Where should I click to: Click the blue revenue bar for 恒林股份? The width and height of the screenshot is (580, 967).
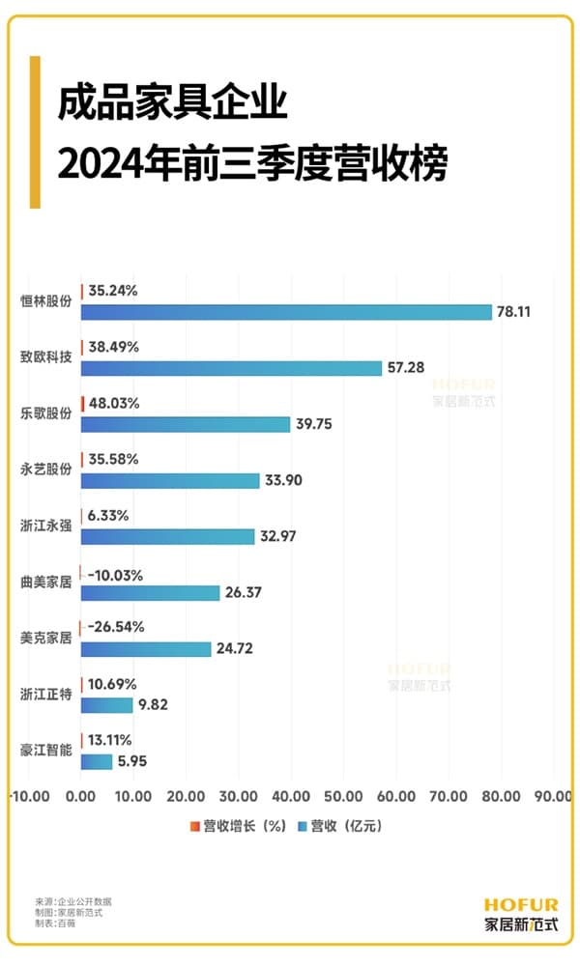(x=286, y=312)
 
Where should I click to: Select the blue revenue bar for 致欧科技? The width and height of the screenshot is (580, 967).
(x=231, y=368)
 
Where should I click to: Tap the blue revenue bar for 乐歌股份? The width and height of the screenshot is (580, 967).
(x=186, y=424)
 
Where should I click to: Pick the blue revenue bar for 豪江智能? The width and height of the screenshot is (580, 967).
(x=97, y=761)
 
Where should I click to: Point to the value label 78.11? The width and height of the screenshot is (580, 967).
(x=514, y=312)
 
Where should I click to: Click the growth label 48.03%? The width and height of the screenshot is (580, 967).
(x=114, y=403)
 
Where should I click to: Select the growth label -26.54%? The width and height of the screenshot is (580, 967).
(x=116, y=627)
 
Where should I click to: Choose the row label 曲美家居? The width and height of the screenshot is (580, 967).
(x=46, y=582)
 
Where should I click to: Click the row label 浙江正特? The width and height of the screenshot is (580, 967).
(x=46, y=694)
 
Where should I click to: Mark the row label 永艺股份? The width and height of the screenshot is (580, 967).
(x=46, y=469)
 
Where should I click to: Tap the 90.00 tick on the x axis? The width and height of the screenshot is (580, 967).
(x=553, y=796)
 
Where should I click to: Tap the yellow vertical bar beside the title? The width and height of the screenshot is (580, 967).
(x=35, y=131)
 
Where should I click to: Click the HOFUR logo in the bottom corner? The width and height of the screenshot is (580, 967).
(x=521, y=914)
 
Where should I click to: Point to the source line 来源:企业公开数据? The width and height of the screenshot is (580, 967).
(x=79, y=901)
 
